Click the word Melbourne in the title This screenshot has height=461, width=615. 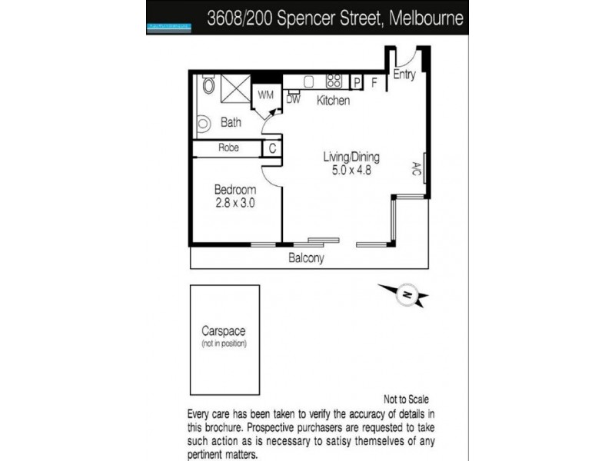[x=424, y=18]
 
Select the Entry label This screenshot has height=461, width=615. [x=404, y=75]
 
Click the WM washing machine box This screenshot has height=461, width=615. [x=266, y=95]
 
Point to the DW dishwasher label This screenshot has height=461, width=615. [x=293, y=98]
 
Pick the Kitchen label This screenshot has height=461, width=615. [x=334, y=101]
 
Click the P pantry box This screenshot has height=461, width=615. [x=357, y=81]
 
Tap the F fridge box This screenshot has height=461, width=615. [x=374, y=81]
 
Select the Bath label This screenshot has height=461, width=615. [x=231, y=122]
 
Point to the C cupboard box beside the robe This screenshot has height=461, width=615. [x=272, y=149]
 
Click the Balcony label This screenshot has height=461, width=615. [x=306, y=258]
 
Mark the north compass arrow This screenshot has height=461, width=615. [x=405, y=294]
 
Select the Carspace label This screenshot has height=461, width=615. [x=223, y=332]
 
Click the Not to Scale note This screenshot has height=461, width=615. [x=405, y=400]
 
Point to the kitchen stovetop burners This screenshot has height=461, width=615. [x=334, y=80]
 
